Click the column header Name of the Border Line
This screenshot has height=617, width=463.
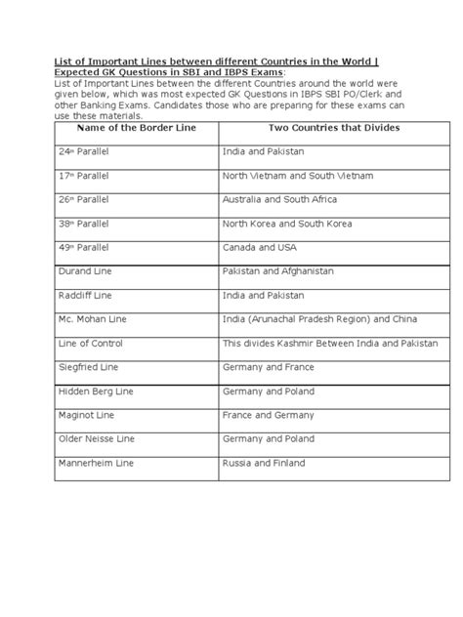tap(133, 129)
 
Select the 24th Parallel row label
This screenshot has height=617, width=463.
tap(84, 154)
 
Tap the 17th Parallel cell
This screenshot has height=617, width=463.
tap(84, 177)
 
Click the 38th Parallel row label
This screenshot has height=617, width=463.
tap(84, 223)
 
